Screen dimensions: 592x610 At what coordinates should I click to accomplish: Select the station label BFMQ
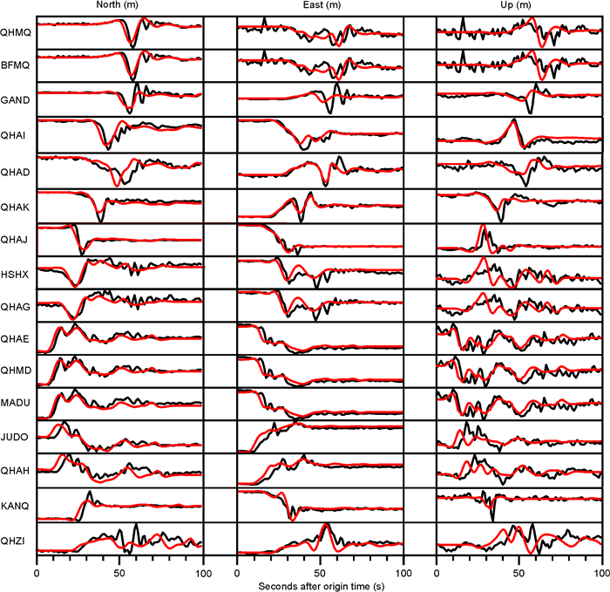coord(15,63)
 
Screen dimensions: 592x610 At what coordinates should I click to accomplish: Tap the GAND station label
coord(15,100)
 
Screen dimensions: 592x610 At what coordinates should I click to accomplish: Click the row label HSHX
coord(14,273)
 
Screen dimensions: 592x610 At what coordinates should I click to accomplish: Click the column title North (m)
coord(119,6)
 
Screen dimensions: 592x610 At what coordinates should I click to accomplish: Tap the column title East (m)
coord(320,6)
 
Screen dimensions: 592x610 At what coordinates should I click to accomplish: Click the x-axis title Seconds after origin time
coord(320,584)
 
